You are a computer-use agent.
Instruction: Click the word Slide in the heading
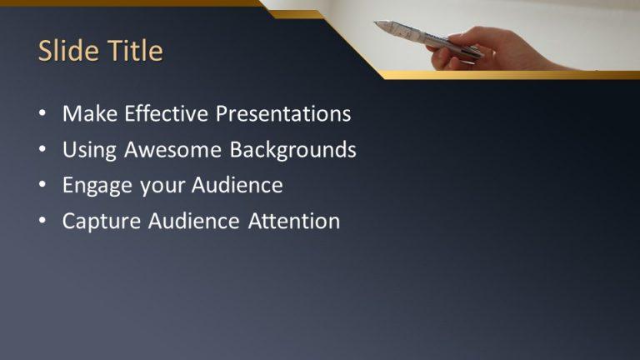[67, 52]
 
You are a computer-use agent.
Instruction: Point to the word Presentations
[283, 114]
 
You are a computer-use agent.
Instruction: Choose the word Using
[90, 150]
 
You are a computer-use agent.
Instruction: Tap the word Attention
[294, 222]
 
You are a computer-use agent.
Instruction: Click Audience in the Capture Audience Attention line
[194, 222]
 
